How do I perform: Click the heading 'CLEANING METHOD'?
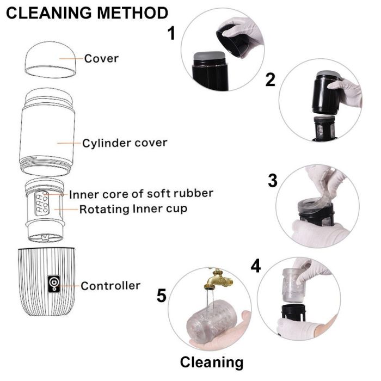(86, 13)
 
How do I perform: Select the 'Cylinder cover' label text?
(124, 144)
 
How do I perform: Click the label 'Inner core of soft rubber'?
(140, 194)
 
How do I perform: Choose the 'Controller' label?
(110, 285)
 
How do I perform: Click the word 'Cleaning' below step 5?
(211, 362)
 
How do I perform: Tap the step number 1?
(171, 34)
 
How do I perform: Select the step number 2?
(270, 79)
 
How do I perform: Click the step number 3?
(273, 181)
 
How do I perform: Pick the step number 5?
(161, 296)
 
